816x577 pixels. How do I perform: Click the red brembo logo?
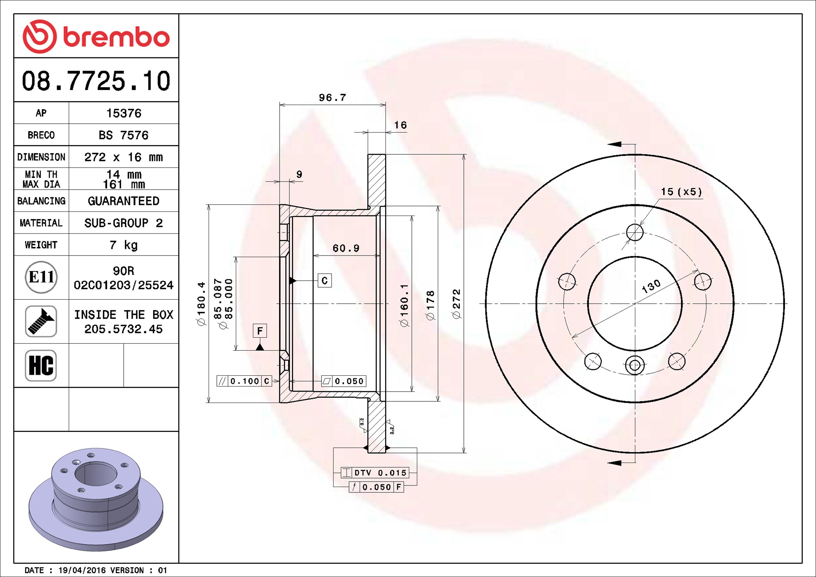[96, 36]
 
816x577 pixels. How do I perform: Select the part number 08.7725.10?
[96, 81]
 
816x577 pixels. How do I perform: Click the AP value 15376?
[124, 113]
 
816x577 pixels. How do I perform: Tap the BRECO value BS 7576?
[124, 135]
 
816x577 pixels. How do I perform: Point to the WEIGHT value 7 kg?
[124, 245]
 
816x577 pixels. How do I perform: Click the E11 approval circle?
[41, 277]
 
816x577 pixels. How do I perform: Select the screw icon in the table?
[41, 321]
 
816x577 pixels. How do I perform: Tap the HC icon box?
[41, 365]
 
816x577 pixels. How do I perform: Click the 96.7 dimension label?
[332, 98]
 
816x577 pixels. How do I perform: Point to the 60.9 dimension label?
[346, 248]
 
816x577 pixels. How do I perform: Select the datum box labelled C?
[325, 280]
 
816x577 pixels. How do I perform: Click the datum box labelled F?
[260, 331]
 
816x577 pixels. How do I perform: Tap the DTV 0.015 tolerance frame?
[375, 473]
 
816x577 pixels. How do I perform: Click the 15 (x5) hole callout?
[681, 192]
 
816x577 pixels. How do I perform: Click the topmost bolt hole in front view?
[635, 233]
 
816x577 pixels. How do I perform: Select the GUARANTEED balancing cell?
[124, 201]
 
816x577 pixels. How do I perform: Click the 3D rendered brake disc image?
[96, 498]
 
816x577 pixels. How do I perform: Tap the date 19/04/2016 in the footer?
[82, 570]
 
